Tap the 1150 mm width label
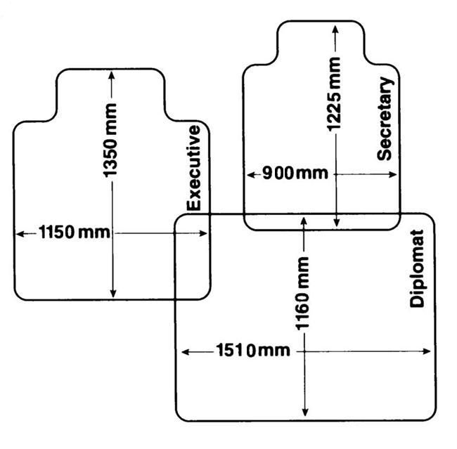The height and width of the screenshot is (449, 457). click(x=75, y=233)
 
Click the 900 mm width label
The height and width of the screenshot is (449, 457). click(x=295, y=173)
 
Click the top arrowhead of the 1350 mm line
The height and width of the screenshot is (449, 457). click(x=112, y=76)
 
